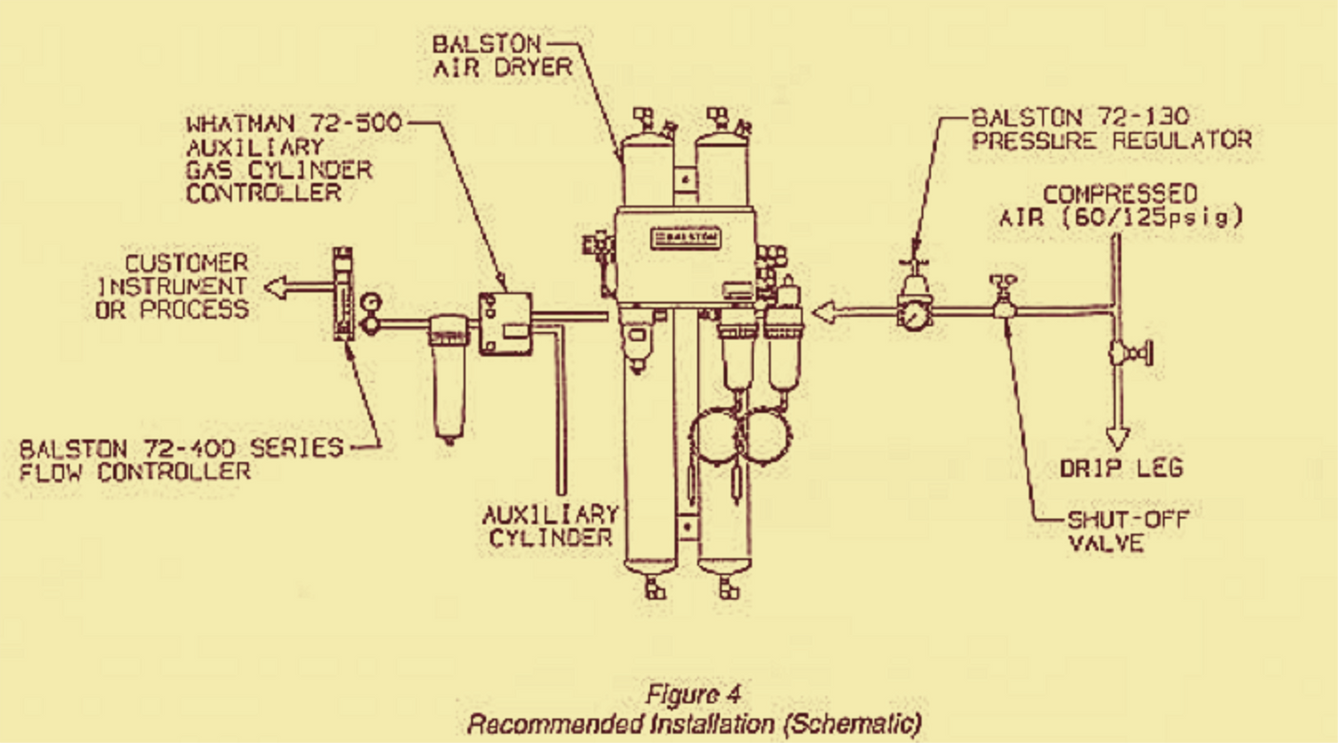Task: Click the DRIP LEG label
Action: [1120, 468]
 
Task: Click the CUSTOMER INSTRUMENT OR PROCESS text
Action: [172, 286]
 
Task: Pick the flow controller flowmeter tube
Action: [344, 295]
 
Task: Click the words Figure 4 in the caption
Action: [694, 693]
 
